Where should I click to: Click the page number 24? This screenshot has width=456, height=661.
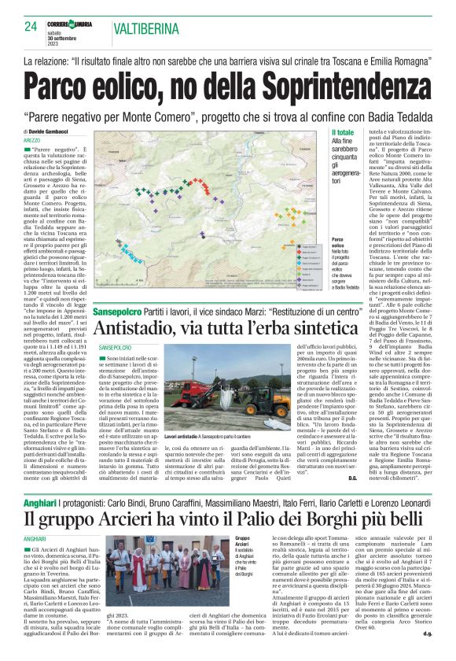(31, 27)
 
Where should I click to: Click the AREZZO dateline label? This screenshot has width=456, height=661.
(32, 139)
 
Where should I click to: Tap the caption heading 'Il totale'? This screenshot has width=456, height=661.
(344, 133)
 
